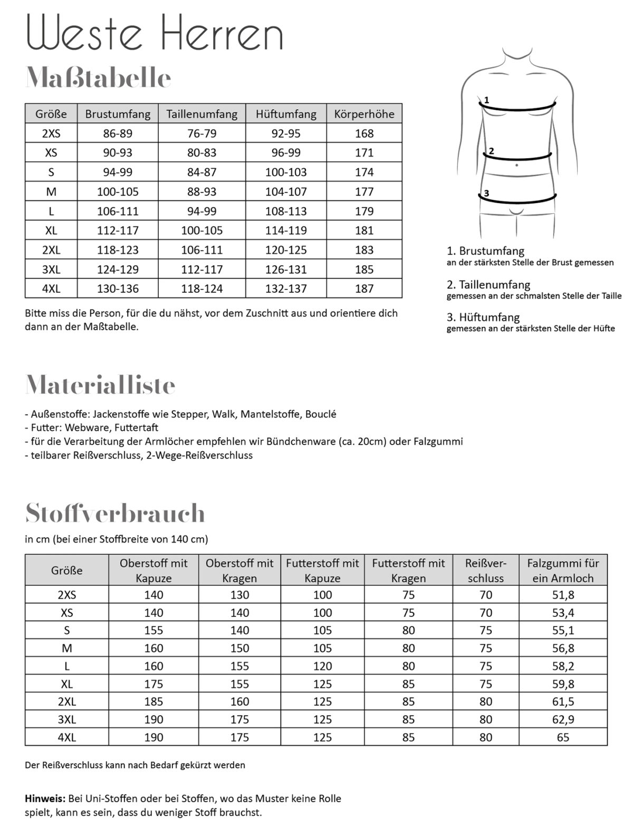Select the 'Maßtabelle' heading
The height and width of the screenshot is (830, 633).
coord(98,78)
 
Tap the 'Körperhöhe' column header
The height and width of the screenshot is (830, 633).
coord(364,114)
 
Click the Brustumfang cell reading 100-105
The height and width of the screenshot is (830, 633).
coord(118,191)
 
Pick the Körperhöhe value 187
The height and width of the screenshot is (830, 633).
coord(364,288)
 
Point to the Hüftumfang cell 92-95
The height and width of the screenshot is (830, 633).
coord(286,133)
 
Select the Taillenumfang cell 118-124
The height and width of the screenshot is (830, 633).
coord(202,288)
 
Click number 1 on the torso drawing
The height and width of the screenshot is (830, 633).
coord(486,99)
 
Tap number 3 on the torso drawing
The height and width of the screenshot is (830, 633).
coord(486,194)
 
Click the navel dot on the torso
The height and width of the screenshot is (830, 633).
coord(516,165)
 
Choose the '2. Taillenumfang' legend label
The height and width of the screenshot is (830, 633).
coord(488,285)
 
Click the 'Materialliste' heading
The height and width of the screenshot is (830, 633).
coord(100,385)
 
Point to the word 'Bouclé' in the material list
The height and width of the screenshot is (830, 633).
coord(320,414)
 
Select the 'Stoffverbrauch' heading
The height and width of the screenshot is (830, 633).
coord(115,513)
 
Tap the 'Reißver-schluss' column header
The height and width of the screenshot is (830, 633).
coord(485,571)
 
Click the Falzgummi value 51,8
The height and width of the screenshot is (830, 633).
coord(563,595)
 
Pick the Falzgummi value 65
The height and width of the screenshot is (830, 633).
coord(563,737)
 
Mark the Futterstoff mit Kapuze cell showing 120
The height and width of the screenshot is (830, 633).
coord(322,666)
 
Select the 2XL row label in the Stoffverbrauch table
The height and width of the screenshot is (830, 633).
coord(66,701)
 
